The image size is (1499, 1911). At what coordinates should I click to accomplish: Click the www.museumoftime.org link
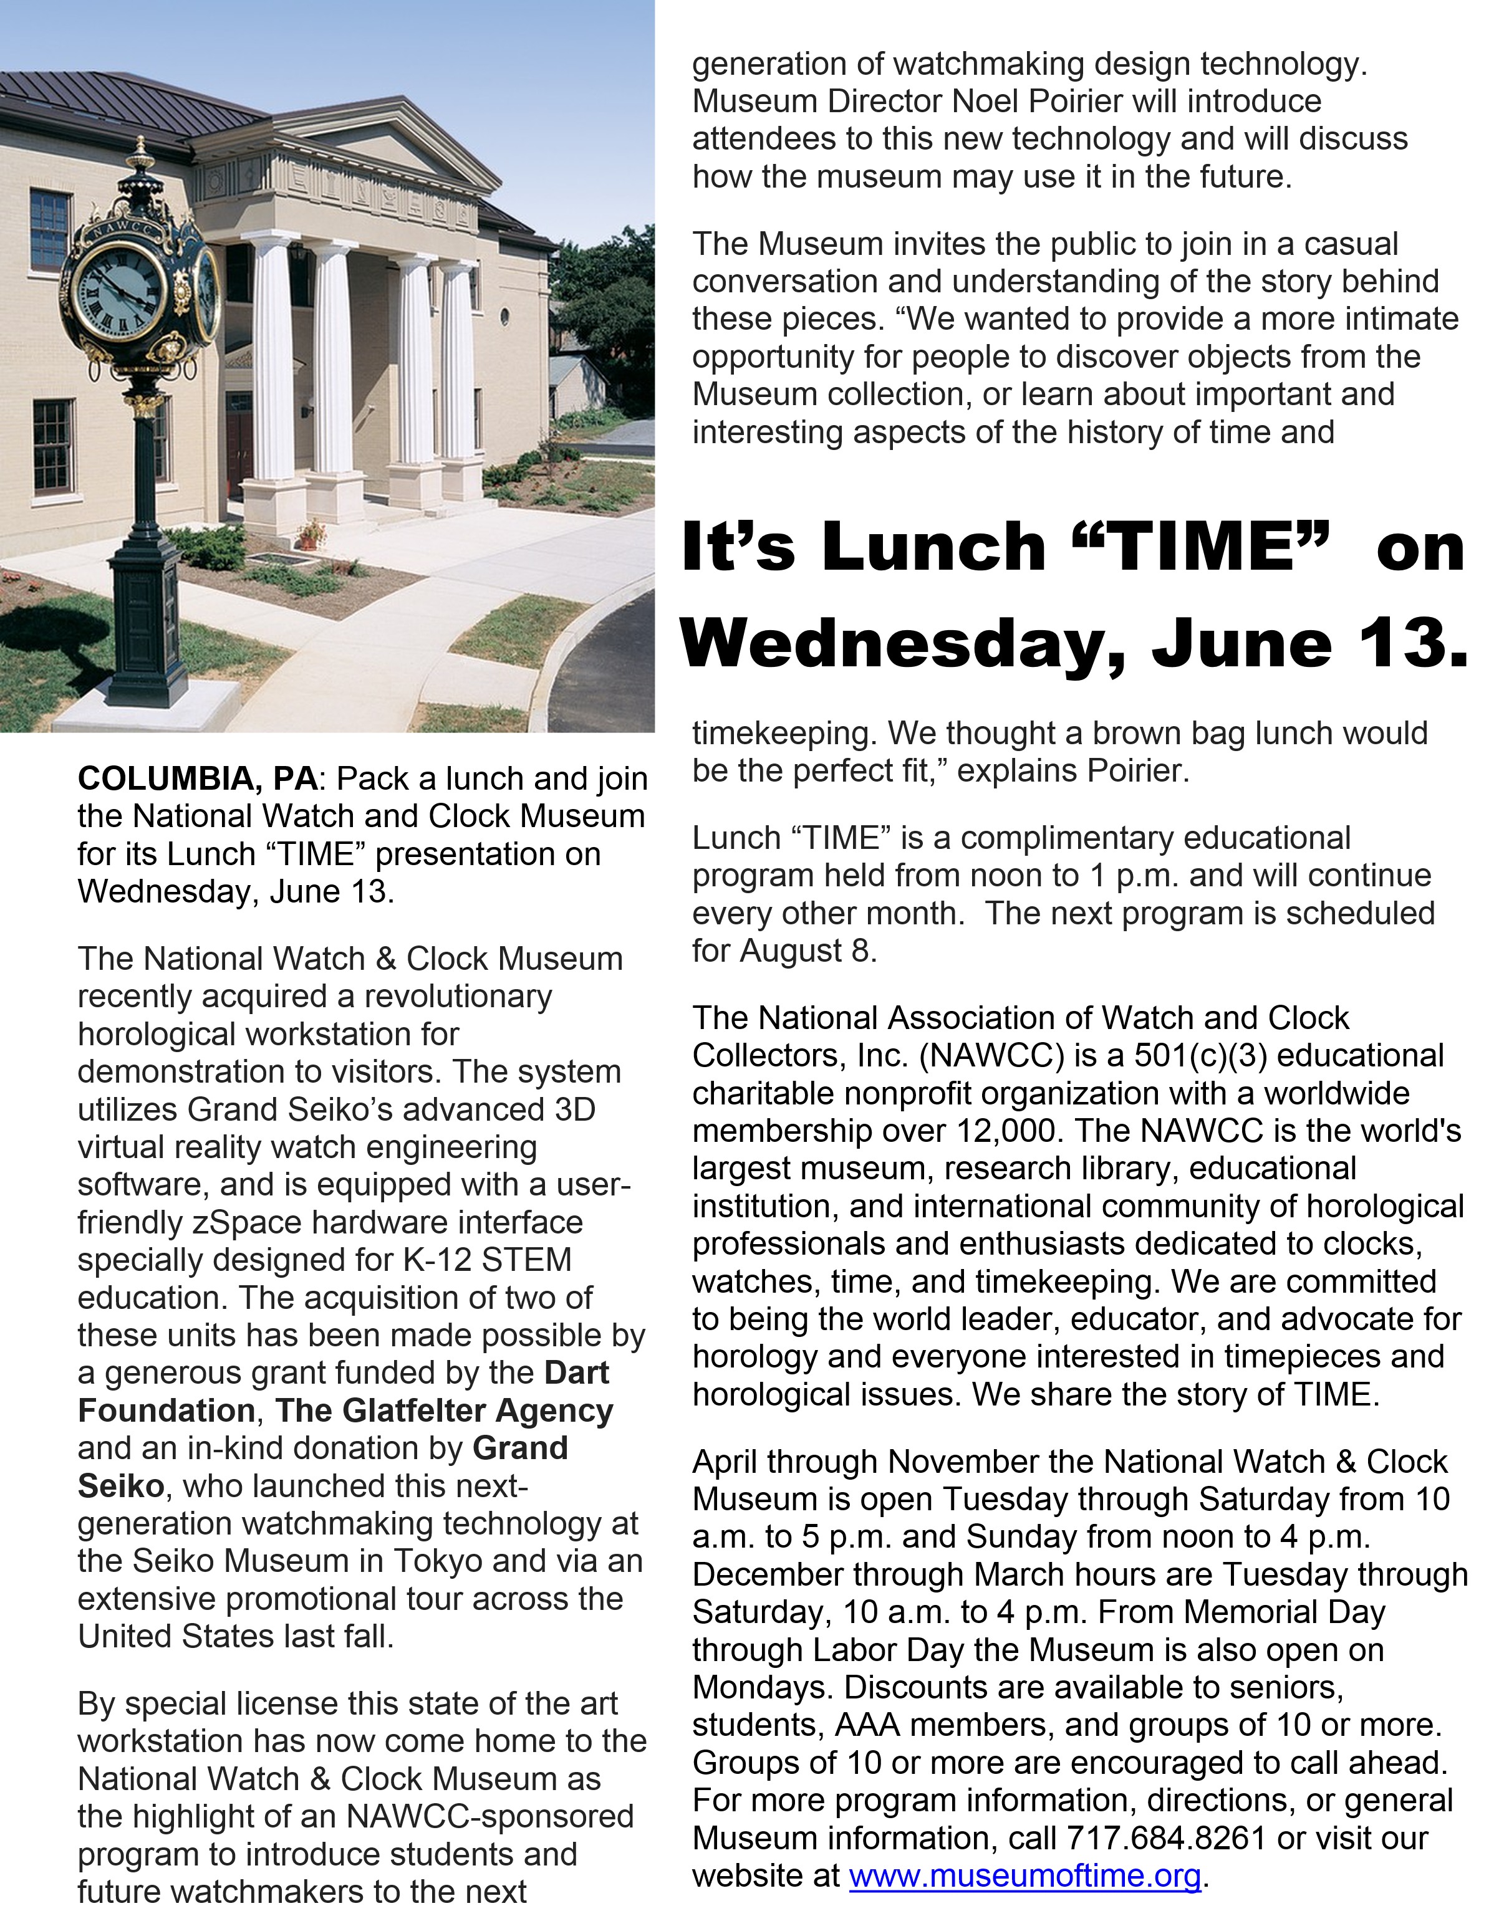[x=1024, y=1876]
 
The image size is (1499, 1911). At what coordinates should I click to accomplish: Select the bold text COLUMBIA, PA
[x=196, y=778]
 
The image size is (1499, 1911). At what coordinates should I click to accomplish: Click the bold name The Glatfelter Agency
[x=444, y=1411]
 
